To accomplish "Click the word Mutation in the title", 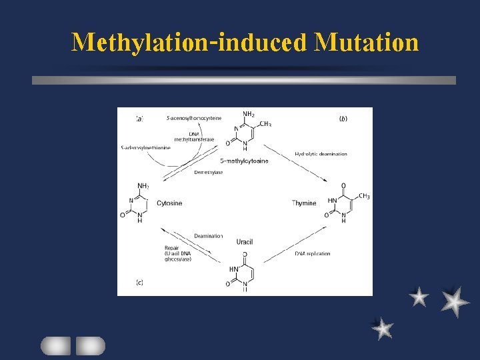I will pyautogui.click(x=367, y=42).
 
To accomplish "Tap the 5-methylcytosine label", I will pyautogui.click(x=243, y=161).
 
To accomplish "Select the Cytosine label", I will pyautogui.click(x=169, y=203).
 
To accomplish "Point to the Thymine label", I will pyautogui.click(x=304, y=203).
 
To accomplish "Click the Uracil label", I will pyautogui.click(x=245, y=241).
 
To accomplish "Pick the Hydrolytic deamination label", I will pyautogui.click(x=321, y=154).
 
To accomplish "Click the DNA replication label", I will pyautogui.click(x=312, y=253).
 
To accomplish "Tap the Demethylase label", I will pyautogui.click(x=208, y=172).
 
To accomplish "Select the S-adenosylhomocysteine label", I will pyautogui.click(x=194, y=118).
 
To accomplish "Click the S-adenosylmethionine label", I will pyautogui.click(x=145, y=147).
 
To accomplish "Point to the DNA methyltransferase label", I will pyautogui.click(x=194, y=136).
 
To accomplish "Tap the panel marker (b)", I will pyautogui.click(x=343, y=119).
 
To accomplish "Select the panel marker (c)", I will pyautogui.click(x=139, y=282).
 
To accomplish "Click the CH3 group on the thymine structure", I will pyautogui.click(x=364, y=196).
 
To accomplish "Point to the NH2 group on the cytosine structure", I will pyautogui.click(x=143, y=186).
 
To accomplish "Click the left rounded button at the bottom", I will pyautogui.click(x=55, y=345).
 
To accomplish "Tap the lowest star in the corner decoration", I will pyautogui.click(x=383, y=328).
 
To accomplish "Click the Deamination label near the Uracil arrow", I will pyautogui.click(x=208, y=235).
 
